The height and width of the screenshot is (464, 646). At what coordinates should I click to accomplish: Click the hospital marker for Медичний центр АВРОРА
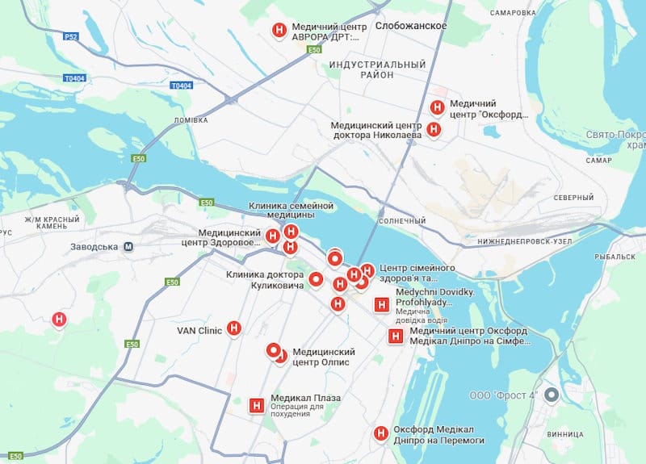tap(279, 30)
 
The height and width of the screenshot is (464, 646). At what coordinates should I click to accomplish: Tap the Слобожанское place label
tap(411, 26)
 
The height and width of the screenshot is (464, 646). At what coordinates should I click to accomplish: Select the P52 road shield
tap(72, 36)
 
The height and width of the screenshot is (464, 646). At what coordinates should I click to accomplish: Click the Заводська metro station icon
tap(128, 247)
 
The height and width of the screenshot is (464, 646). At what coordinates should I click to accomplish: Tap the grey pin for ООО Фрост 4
tap(552, 395)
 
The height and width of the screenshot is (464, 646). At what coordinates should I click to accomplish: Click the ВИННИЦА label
tap(563, 433)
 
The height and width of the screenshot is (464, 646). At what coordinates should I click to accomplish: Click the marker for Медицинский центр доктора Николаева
tap(434, 129)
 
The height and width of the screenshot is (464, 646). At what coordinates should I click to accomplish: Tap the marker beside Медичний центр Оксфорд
tap(437, 107)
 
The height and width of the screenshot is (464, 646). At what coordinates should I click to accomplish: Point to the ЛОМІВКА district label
tap(191, 120)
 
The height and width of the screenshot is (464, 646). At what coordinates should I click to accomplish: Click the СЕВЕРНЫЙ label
tap(573, 198)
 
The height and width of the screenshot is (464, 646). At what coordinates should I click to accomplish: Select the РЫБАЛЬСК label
tap(616, 256)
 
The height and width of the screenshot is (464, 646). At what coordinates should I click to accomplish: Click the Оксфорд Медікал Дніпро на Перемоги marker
tap(381, 433)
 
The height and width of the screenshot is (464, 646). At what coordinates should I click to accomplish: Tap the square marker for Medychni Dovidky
tap(382, 306)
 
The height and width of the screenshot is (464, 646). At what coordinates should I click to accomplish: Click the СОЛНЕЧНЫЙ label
tap(401, 221)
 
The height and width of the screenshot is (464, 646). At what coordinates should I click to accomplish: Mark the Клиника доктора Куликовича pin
tap(317, 280)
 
